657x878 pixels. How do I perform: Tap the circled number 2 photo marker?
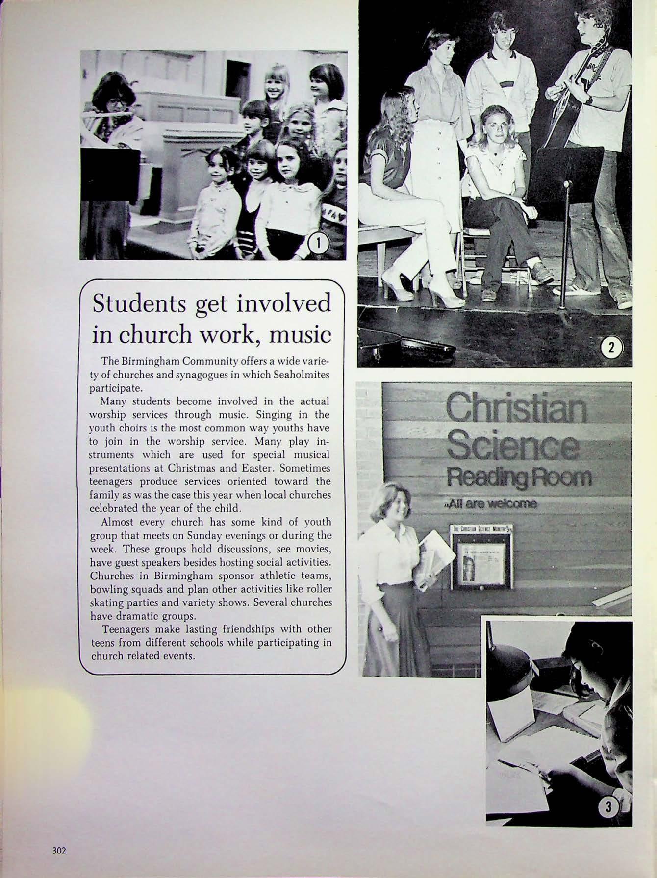click(611, 349)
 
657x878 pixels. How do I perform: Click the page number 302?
click(60, 850)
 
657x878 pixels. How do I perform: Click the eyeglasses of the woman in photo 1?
click(115, 103)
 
